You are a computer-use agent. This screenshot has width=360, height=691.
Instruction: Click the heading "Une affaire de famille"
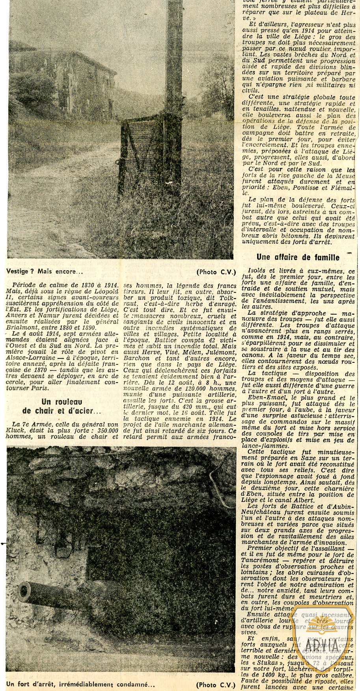pyautogui.click(x=298, y=257)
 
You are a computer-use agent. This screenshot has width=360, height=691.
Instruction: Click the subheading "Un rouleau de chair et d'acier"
pyautogui.click(x=66, y=406)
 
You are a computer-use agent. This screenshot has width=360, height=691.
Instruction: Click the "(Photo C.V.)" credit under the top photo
pyautogui.click(x=215, y=271)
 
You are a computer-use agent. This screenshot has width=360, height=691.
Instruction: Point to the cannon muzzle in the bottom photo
pyautogui.click(x=24, y=590)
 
